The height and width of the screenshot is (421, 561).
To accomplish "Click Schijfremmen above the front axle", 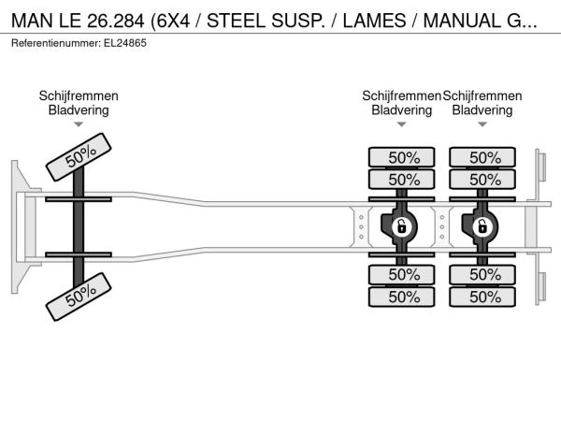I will click(x=79, y=95).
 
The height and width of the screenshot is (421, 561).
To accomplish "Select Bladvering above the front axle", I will click(x=79, y=109).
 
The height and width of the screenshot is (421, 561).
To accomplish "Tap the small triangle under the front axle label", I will click(x=79, y=124).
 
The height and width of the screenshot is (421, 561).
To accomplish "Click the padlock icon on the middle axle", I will click(x=402, y=226).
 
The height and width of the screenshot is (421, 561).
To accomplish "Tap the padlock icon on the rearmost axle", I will click(x=482, y=226).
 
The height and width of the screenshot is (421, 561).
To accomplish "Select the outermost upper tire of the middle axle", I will click(x=403, y=157).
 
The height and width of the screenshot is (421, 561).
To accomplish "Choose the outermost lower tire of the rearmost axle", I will click(x=484, y=297).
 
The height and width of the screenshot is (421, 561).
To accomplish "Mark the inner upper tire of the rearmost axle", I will click(x=484, y=179).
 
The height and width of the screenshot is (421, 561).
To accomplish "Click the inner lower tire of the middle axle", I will click(x=403, y=274).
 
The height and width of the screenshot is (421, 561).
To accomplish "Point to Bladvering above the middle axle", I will click(x=402, y=109).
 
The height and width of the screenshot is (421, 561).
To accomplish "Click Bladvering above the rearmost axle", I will click(x=482, y=109).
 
